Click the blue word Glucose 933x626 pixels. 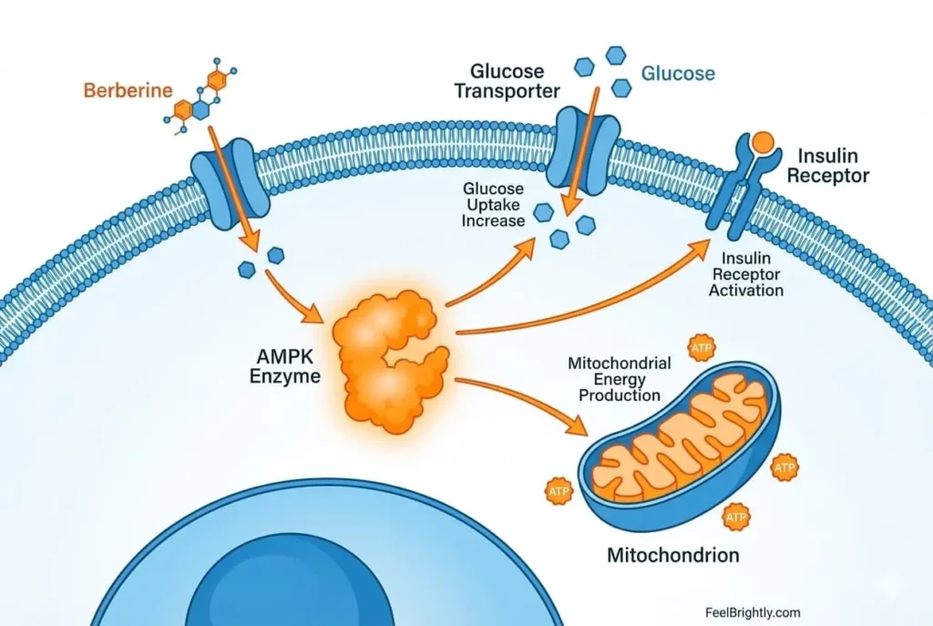tap(678, 73)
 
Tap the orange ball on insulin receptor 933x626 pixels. tap(764, 142)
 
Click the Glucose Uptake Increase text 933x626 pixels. tap(493, 205)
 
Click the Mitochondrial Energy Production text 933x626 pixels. tap(619, 379)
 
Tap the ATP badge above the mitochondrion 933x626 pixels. tap(702, 348)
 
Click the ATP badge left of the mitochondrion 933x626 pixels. tap(559, 489)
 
